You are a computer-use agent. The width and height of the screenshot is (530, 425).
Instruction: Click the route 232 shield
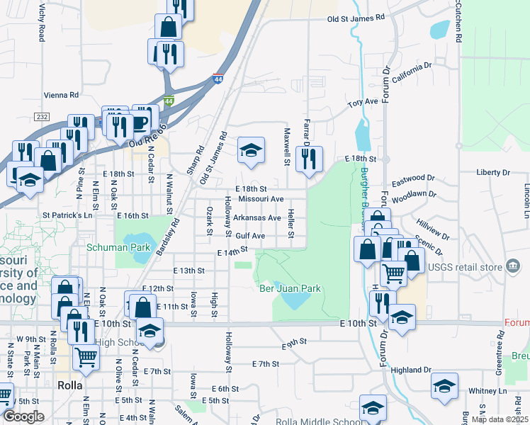(x=41, y=117)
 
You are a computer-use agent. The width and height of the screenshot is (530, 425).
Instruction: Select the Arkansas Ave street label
(x=258, y=217)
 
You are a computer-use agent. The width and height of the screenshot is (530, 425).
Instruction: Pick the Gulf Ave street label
(x=251, y=235)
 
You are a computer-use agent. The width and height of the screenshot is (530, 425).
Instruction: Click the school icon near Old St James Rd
(x=250, y=149)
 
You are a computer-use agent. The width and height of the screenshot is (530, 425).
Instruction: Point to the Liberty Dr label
(x=493, y=172)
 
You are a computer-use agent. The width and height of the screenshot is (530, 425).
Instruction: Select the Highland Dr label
(x=411, y=370)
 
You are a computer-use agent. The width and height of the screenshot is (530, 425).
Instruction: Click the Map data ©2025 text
(x=499, y=419)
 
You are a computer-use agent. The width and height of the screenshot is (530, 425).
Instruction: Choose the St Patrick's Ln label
(x=67, y=215)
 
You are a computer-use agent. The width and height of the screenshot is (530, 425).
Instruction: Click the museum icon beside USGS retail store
(x=512, y=266)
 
